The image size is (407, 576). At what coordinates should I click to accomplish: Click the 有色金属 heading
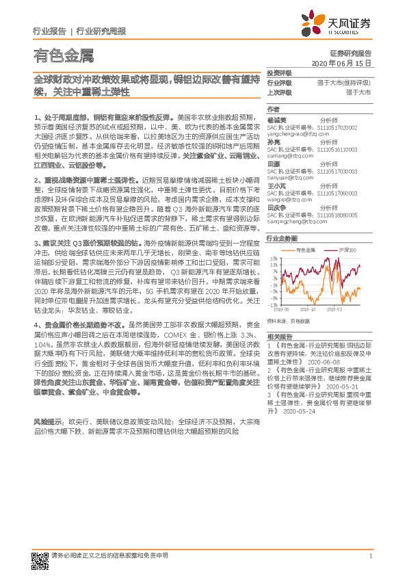(63, 56)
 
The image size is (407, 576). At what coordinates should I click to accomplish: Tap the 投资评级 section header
(279, 72)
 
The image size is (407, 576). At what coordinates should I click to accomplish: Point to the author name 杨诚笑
(276, 118)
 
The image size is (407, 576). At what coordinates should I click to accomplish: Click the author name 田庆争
(276, 207)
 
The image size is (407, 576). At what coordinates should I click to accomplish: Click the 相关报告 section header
(279, 337)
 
